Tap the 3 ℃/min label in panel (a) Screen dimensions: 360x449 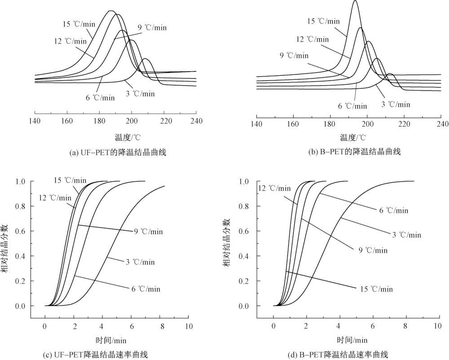pyautogui.click(x=140, y=93)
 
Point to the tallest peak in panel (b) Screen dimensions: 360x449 pyautogui.click(x=356, y=1)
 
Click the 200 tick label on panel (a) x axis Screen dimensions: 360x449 pyautogui.click(x=132, y=121)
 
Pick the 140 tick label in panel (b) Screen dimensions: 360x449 pyautogui.click(x=256, y=124)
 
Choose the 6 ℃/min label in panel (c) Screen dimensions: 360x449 pyautogui.click(x=145, y=289)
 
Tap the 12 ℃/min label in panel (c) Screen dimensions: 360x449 pyautogui.click(x=55, y=197)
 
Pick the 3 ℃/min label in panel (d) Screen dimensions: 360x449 pyautogui.click(x=407, y=235)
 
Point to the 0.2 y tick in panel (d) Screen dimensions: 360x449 pyautogui.click(x=257, y=281)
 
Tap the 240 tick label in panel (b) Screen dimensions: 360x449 pyautogui.click(x=442, y=124)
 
